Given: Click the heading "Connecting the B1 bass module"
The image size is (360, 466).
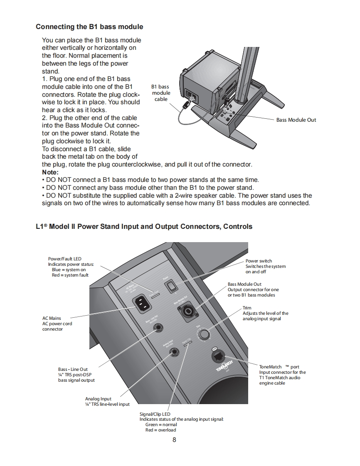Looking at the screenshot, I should coord(89,27).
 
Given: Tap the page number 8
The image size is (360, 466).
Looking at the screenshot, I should coord(174,440).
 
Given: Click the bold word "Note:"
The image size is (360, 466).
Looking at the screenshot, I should coord(50,172).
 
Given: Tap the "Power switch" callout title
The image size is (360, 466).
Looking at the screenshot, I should coord(259,261).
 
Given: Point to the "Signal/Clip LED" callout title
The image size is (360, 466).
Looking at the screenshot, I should coord(155,414).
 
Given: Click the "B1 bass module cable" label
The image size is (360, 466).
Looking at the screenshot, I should coord(161,93).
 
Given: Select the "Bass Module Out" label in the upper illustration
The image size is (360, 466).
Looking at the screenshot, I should coord(296,120).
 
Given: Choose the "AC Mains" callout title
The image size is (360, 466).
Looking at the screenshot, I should coord(52,319).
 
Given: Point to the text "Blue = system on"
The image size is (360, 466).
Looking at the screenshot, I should coord(69,270).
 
